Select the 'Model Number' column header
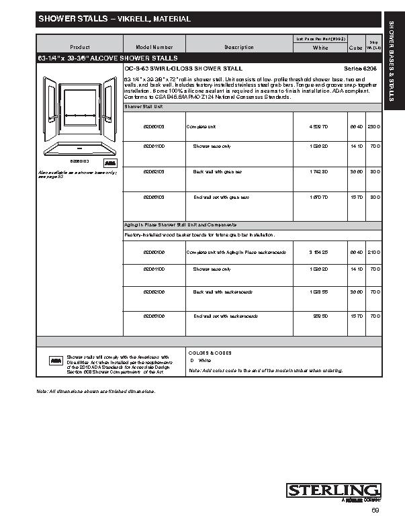[x=154, y=47]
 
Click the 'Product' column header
[x=79, y=47]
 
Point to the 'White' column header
[x=320, y=48]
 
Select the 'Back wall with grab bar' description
[x=217, y=171]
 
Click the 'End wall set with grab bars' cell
[x=221, y=197]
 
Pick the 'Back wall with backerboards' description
[x=221, y=292]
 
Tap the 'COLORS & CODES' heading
[x=210, y=352]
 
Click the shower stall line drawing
[x=79, y=114]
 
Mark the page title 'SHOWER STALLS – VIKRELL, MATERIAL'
[x=114, y=19]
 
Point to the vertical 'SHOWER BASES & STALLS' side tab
[x=392, y=64]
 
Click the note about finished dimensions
[x=96, y=390]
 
